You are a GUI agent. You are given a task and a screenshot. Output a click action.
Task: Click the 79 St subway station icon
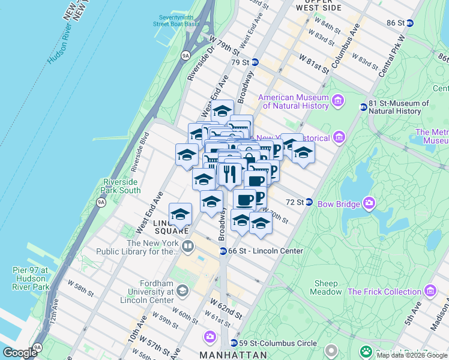(255, 62)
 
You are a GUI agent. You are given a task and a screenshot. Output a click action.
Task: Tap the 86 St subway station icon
(410, 23)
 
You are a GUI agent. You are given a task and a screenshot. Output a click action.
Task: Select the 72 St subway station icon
(309, 202)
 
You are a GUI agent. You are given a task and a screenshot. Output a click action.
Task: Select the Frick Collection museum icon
(430, 292)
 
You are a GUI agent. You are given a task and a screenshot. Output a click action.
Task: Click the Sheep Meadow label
(326, 287)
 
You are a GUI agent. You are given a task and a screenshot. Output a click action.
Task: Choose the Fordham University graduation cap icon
(181, 292)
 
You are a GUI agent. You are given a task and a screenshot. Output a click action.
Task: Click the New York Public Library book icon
(188, 247)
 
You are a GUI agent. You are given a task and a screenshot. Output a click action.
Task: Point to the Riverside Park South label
(121, 186)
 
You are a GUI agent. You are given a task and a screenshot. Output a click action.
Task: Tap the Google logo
(19, 353)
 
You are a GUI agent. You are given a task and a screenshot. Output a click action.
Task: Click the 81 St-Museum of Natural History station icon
(363, 107)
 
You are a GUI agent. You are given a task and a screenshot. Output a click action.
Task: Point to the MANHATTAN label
(233, 355)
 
